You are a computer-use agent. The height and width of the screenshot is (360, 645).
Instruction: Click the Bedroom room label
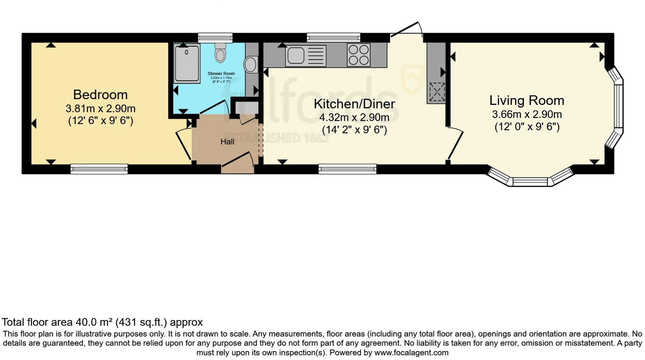[x=100, y=94]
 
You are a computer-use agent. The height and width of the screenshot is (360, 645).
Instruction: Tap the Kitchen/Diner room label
[x=354, y=104]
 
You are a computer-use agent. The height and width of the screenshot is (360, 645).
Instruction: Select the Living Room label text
[x=527, y=101]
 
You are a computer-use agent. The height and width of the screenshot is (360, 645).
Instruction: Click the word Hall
[x=227, y=142]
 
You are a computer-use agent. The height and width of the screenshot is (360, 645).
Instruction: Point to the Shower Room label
[x=221, y=73]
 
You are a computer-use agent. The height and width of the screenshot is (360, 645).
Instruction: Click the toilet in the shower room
[x=220, y=53]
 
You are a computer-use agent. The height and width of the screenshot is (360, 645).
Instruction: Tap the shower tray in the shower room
[x=187, y=64]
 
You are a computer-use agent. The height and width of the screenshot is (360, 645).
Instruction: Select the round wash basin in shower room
[x=250, y=65]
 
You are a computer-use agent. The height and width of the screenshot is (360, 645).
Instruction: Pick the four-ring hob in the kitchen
[x=359, y=55]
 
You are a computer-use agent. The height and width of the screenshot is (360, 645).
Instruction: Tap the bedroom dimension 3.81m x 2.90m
[x=100, y=109]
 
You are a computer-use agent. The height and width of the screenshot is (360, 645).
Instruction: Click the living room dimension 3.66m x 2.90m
[x=527, y=114]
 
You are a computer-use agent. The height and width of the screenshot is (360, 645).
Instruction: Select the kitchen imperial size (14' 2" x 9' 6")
[x=354, y=129]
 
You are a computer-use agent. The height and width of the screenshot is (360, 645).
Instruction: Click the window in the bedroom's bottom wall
[x=99, y=169]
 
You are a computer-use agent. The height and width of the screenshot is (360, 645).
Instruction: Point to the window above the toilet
[x=215, y=37]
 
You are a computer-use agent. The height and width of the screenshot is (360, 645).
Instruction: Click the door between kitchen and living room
[x=455, y=144]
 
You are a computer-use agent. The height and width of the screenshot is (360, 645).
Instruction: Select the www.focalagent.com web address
[x=411, y=353]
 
